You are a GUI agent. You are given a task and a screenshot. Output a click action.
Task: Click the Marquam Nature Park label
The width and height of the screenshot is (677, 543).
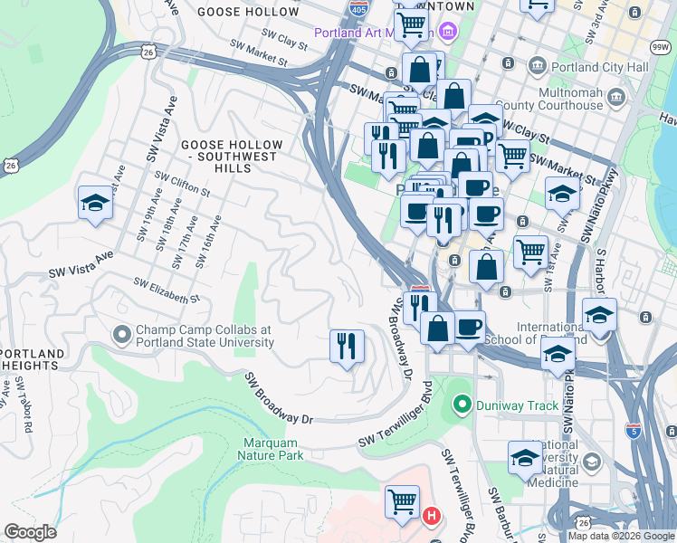pos(272,449)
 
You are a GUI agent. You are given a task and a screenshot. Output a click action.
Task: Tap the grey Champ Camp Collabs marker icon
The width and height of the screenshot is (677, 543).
pos(122,336)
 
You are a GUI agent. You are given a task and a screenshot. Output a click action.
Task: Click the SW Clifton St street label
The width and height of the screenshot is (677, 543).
pos(182,185)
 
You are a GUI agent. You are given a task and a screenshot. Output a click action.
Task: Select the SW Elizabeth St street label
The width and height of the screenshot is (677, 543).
pos(167,291)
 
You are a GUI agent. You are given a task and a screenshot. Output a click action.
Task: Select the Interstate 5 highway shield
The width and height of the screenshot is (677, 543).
pos(634,432)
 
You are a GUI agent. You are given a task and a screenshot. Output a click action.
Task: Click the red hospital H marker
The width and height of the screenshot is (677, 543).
pos(433,516)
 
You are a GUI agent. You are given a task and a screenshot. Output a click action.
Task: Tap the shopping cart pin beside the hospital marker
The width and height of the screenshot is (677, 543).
pos(402,501)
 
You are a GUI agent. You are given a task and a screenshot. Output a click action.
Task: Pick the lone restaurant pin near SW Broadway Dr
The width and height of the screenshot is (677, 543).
pos(347,347)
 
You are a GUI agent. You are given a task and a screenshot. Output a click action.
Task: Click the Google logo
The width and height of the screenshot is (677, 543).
pos(30,532)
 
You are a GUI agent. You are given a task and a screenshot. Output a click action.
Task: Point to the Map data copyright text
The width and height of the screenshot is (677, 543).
pos(621,536)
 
